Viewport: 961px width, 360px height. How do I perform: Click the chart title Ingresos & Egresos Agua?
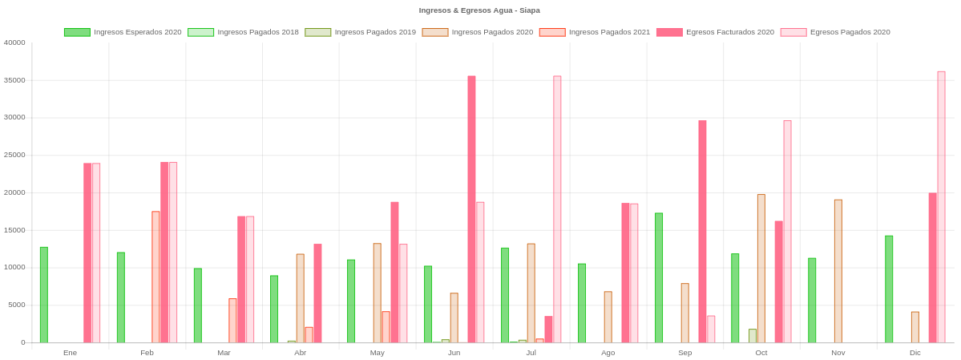[479, 10]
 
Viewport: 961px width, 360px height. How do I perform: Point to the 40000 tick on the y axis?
[14, 42]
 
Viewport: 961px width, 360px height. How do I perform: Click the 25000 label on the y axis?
[14, 155]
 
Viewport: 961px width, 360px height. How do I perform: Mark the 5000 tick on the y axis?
[17, 305]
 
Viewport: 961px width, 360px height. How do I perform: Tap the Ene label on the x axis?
[70, 353]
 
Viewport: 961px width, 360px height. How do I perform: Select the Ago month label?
[608, 353]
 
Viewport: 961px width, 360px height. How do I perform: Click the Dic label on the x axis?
[915, 353]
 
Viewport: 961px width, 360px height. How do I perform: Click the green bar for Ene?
[43, 294]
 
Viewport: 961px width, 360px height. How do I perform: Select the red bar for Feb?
[155, 277]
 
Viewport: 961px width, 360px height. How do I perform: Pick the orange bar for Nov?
[838, 270]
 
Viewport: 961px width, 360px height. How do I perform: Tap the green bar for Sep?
[659, 277]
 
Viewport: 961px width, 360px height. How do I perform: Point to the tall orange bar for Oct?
[761, 268]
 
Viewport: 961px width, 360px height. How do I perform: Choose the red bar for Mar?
[232, 320]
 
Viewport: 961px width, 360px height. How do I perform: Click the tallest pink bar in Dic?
[941, 206]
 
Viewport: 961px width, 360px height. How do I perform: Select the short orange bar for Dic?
[915, 326]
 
